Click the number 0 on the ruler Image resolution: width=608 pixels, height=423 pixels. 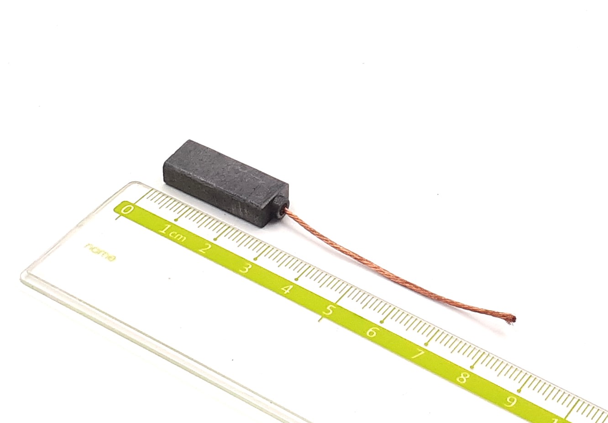(x=127, y=209)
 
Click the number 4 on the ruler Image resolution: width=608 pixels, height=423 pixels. (x=286, y=289)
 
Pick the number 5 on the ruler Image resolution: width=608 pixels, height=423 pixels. (x=329, y=310)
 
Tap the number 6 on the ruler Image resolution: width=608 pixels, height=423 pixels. (x=372, y=332)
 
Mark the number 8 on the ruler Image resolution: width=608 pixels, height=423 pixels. (x=463, y=377)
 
